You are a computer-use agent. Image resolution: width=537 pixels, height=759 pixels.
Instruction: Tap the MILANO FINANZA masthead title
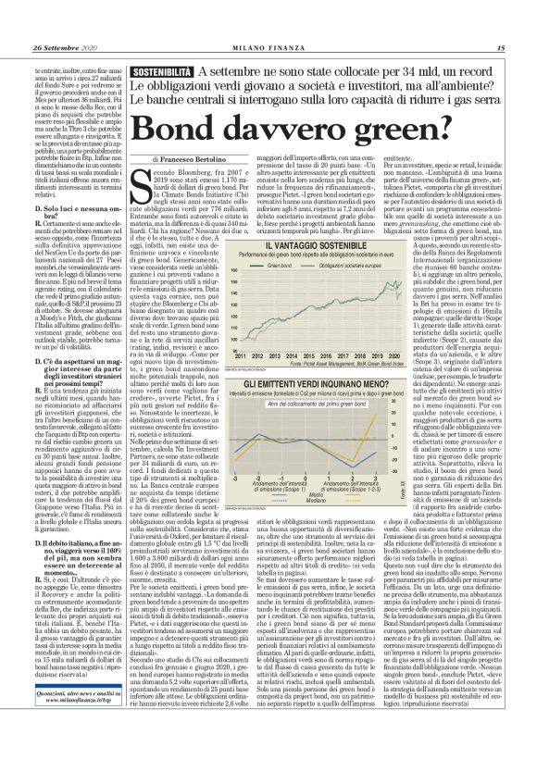pyautogui.click(x=268, y=48)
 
